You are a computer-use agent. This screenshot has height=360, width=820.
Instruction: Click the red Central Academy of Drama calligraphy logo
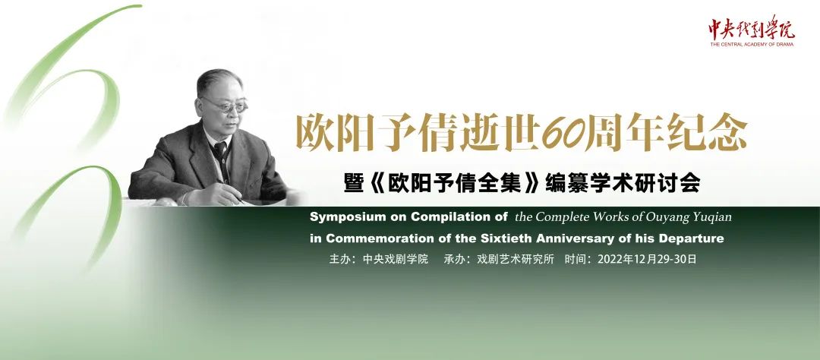tap(752, 28)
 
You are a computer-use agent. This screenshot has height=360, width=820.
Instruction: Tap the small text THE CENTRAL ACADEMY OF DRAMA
tap(752, 45)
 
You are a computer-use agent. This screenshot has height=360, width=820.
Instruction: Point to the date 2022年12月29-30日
tap(647, 258)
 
